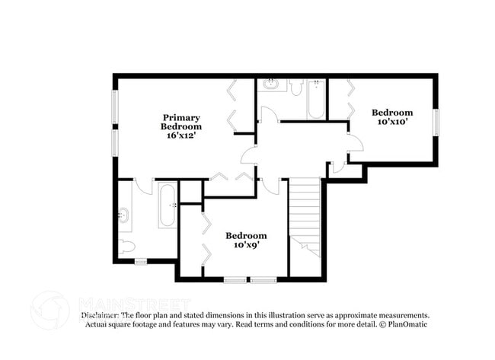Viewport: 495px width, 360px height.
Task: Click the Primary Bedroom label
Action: pos(180,122)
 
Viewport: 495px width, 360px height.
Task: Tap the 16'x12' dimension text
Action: pos(180,135)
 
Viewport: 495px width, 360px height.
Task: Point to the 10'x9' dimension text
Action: pos(245,245)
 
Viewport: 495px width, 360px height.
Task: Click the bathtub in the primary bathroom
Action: pos(167,205)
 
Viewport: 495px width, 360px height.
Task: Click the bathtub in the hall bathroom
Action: pos(316,99)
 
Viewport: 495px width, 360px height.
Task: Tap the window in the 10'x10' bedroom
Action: pos(436,121)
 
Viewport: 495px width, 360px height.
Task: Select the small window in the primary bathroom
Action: pos(140,262)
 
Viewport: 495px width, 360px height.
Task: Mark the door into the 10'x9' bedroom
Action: pos(268,185)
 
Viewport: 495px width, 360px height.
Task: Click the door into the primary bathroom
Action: pos(144,186)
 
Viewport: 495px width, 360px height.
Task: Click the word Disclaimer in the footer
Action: pos(100,315)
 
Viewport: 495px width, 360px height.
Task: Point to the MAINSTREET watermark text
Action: pos(126,304)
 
